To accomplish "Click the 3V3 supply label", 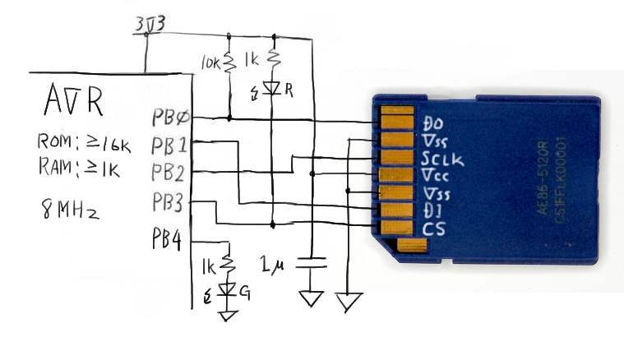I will [150, 25].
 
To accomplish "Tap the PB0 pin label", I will [171, 118].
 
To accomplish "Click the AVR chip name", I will [73, 105].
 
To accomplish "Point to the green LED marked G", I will [230, 288].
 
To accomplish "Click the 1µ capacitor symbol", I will [311, 262].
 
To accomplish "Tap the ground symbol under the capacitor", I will [311, 298].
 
